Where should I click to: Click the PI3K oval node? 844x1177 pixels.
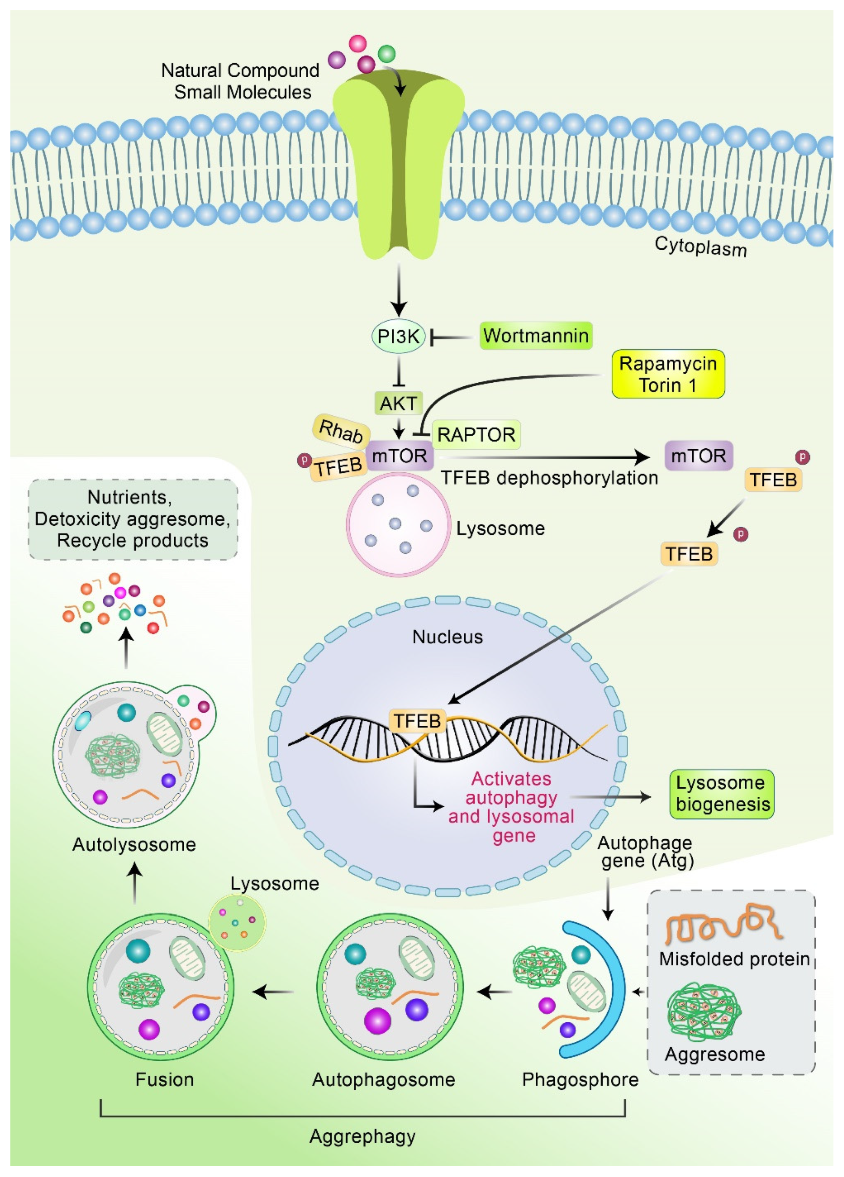(x=398, y=336)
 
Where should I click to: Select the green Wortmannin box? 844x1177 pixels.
(x=535, y=336)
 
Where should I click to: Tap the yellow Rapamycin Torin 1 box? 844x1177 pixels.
(x=668, y=374)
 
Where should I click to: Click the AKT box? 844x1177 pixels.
(x=398, y=403)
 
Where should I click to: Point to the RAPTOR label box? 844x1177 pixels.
(x=476, y=434)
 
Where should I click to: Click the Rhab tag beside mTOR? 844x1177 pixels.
(x=341, y=431)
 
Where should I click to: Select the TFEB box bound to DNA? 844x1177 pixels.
(x=417, y=721)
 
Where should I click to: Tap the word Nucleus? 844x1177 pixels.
(x=447, y=637)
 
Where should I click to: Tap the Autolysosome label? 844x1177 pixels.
(x=134, y=844)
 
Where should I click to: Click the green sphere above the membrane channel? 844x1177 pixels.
(x=387, y=53)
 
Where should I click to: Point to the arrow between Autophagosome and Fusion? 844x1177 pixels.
(x=274, y=992)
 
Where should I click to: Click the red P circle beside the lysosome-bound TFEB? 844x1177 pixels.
(x=303, y=460)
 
